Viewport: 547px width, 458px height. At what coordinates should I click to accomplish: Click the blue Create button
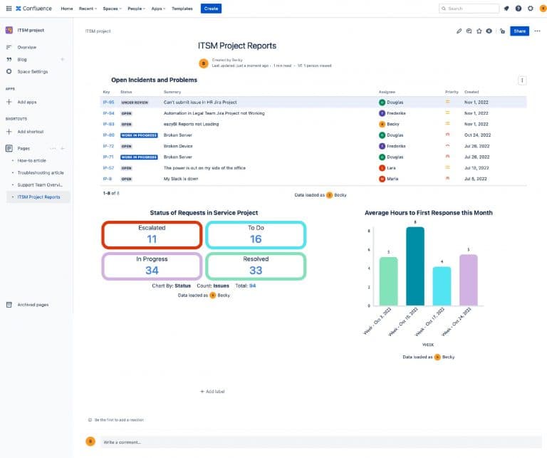pyautogui.click(x=211, y=9)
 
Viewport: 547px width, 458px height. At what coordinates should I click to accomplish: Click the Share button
pyautogui.click(x=519, y=31)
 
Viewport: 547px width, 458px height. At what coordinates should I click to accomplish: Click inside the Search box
pyautogui.click(x=472, y=9)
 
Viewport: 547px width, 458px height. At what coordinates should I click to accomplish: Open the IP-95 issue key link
pyautogui.click(x=108, y=103)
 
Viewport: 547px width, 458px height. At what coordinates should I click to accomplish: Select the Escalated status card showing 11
pyautogui.click(x=152, y=235)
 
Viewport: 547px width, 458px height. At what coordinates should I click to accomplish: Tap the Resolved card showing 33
pyautogui.click(x=256, y=266)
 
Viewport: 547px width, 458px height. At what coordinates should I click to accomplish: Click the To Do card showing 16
pyautogui.click(x=256, y=235)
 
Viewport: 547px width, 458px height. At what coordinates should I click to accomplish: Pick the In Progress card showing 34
pyautogui.click(x=152, y=266)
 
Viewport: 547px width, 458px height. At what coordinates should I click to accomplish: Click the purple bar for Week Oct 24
pyautogui.click(x=468, y=279)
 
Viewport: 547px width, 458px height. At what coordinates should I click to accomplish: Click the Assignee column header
pyautogui.click(x=387, y=92)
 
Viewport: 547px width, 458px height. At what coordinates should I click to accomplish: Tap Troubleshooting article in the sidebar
pyautogui.click(x=41, y=172)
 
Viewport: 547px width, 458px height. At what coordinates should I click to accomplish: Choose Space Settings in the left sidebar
pyautogui.click(x=33, y=72)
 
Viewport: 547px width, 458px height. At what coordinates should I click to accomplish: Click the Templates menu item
pyautogui.click(x=182, y=9)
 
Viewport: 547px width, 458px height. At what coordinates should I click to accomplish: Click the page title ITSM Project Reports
pyautogui.click(x=237, y=46)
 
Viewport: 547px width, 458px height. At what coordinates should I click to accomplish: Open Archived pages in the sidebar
pyautogui.click(x=33, y=305)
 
